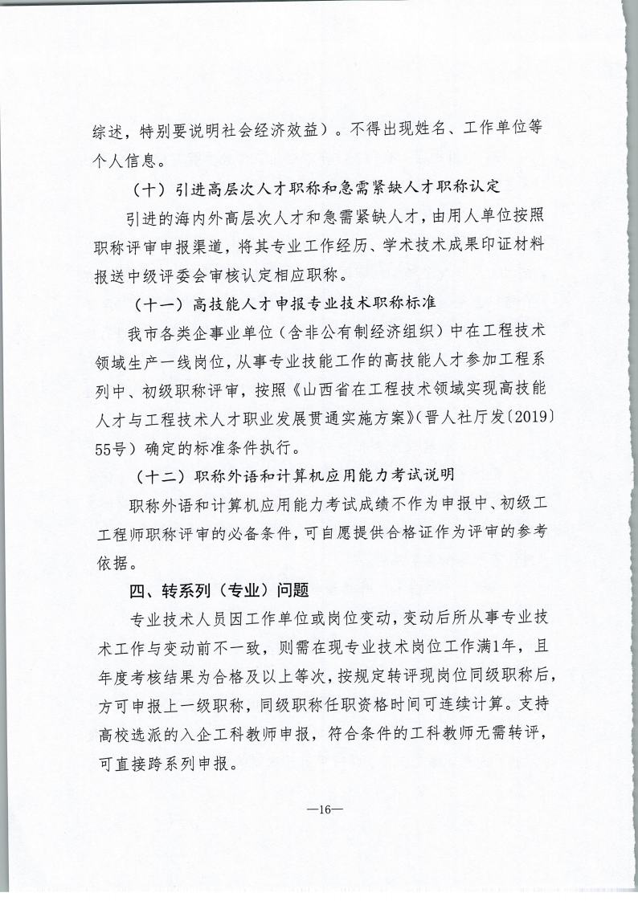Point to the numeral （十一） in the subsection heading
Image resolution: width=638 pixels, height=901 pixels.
point(156,304)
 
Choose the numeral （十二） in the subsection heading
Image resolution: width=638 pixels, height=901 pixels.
point(156,476)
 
